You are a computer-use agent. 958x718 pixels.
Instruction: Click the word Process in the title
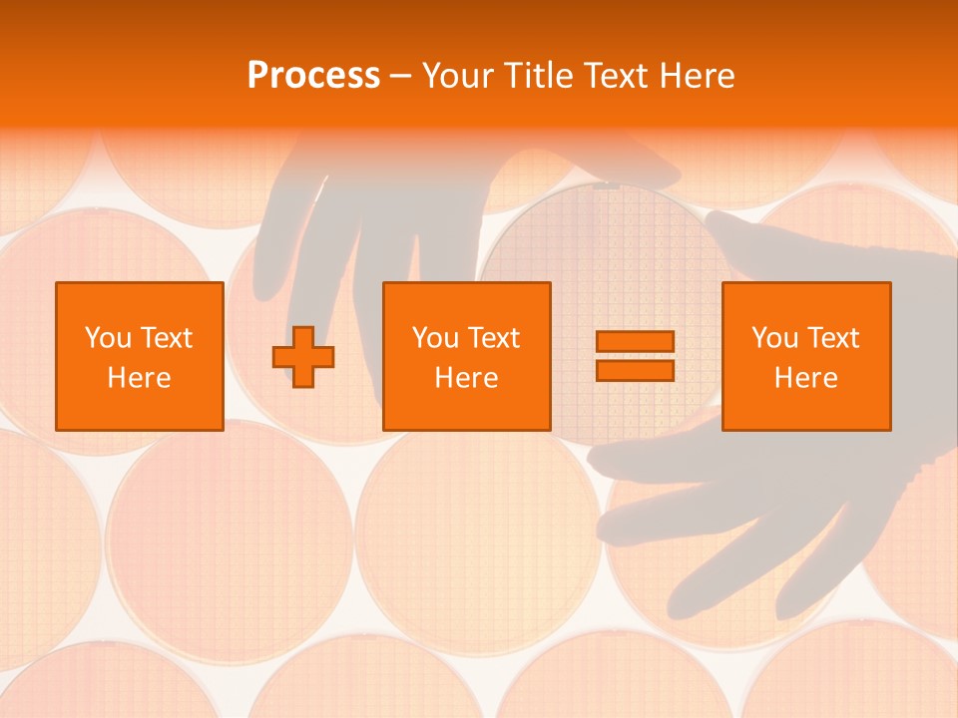[313, 76]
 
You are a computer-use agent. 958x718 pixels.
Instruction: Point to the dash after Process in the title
[401, 77]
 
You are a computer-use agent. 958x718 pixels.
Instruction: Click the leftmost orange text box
[139, 356]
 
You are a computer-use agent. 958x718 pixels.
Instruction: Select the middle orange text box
[466, 356]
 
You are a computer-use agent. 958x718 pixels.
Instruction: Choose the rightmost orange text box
[805, 356]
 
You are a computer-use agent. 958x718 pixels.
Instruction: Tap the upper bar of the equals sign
[635, 342]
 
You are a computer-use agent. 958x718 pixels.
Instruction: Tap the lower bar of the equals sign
[635, 371]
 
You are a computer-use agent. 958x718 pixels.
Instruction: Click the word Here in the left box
[139, 378]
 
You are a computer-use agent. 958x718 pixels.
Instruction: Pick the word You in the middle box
[434, 338]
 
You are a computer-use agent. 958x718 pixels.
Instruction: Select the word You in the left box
[107, 338]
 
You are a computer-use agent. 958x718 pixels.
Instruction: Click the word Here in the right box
[805, 378]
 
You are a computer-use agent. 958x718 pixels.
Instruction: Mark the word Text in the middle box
[494, 338]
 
